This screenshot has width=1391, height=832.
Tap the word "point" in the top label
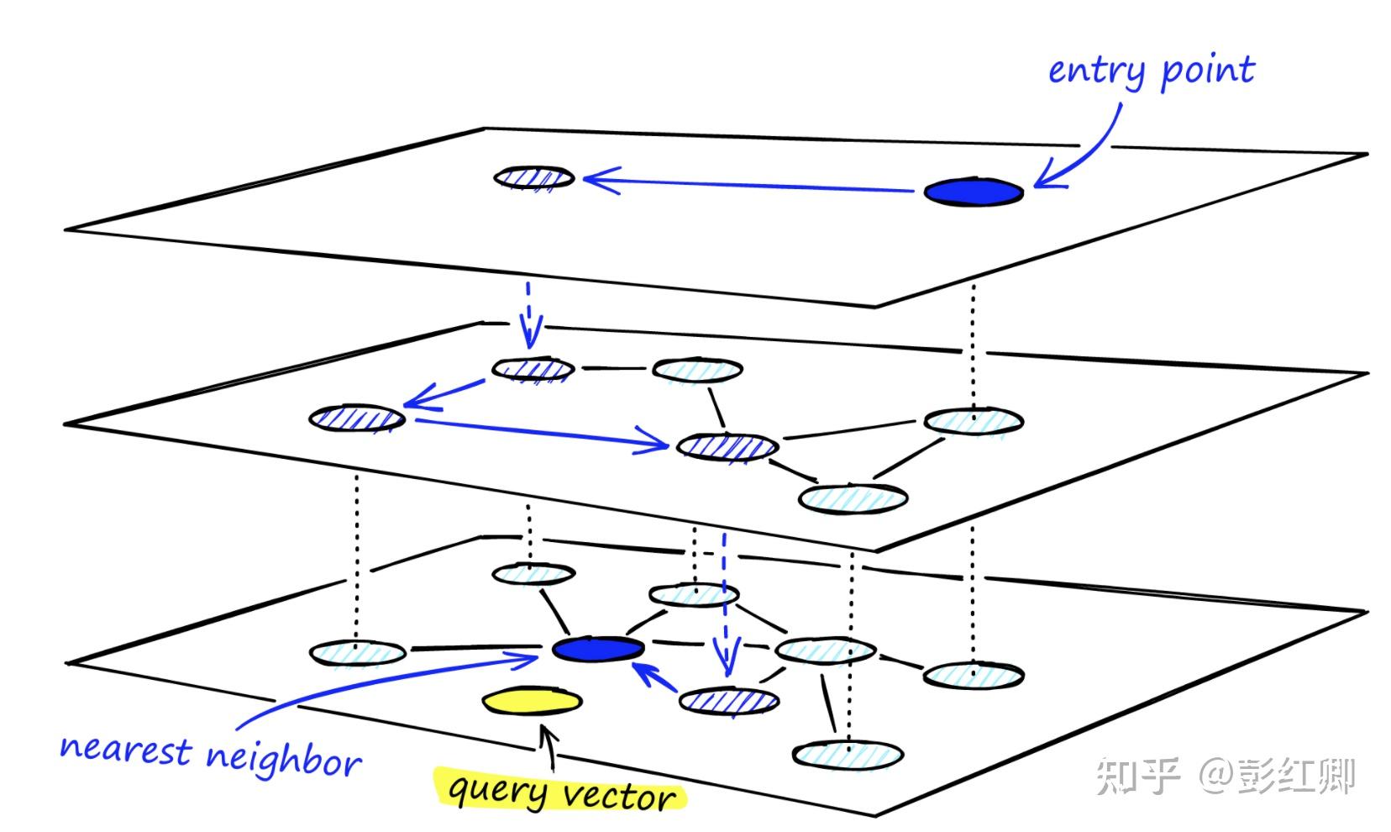click(1208, 71)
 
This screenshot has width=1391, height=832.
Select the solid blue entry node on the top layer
click(974, 192)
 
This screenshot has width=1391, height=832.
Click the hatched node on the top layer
click(534, 177)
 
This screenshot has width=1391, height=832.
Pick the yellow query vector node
click(532, 701)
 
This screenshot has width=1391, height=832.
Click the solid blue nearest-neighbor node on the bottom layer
click(598, 649)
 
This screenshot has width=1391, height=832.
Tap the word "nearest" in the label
click(125, 748)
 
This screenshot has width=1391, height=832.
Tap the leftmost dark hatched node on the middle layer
click(357, 418)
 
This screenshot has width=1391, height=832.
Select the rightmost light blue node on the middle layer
click(974, 420)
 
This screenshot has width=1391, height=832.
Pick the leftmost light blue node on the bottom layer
click(357, 653)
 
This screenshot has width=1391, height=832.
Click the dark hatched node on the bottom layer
click(728, 701)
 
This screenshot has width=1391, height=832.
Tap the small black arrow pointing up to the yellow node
click(549, 748)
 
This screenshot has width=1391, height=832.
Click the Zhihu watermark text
click(1225, 775)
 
